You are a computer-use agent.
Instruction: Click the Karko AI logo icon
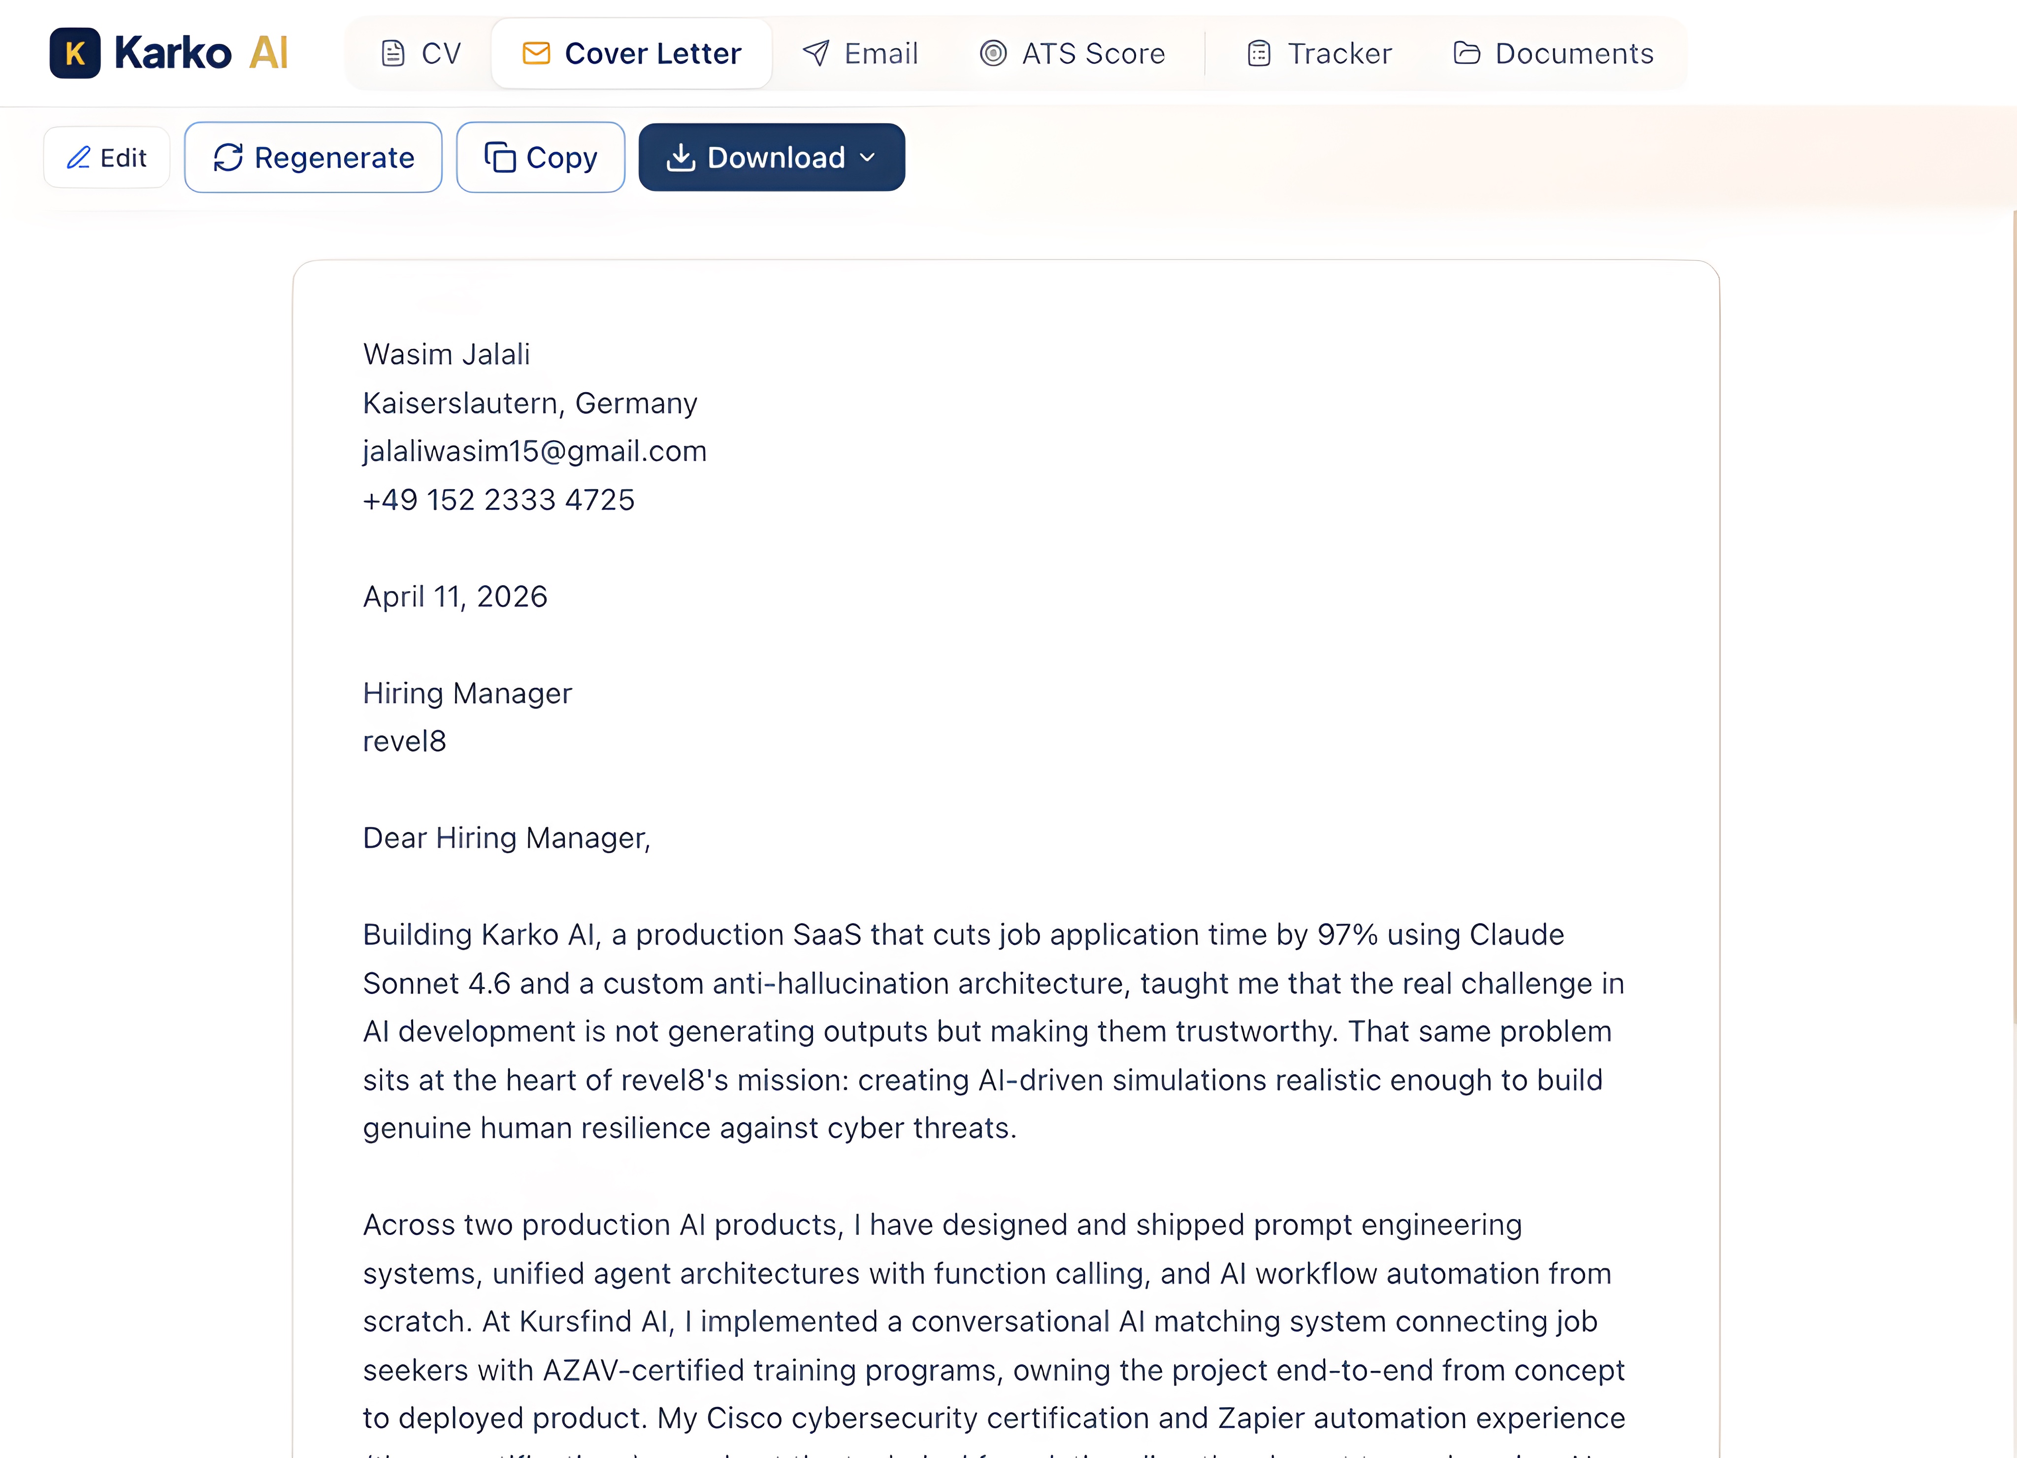pyautogui.click(x=75, y=53)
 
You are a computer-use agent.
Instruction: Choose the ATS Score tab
pyautogui.click(x=1073, y=53)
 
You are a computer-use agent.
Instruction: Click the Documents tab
pyautogui.click(x=1554, y=53)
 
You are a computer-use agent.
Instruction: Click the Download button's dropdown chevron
pyautogui.click(x=868, y=158)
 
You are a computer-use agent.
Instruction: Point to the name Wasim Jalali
pyautogui.click(x=447, y=354)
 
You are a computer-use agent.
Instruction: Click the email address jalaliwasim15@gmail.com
pyautogui.click(x=534, y=451)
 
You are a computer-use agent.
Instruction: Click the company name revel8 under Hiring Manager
pyautogui.click(x=405, y=741)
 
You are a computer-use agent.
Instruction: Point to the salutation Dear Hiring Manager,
pyautogui.click(x=506, y=838)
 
